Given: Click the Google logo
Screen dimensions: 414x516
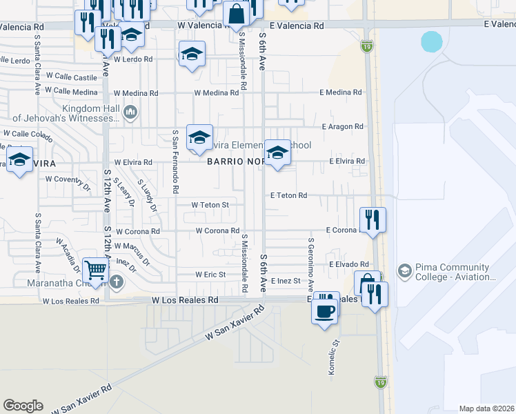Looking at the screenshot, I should (23, 406).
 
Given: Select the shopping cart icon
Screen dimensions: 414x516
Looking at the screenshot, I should (95, 270).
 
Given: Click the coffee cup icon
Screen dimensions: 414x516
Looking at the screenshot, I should (326, 310).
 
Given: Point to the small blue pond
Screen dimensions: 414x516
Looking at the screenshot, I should (431, 42).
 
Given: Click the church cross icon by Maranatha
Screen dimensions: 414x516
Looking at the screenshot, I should (116, 282).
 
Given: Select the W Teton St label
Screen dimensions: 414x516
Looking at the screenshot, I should (210, 204).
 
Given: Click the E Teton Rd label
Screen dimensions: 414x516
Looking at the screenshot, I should (288, 196).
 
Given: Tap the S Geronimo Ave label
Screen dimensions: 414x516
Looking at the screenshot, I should (311, 266).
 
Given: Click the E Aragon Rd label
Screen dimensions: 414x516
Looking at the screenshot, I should (342, 127).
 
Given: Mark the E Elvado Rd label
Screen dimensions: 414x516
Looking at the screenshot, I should (350, 264).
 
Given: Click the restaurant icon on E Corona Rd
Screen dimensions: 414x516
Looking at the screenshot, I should (373, 220).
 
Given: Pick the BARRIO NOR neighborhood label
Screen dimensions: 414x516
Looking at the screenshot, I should (235, 161).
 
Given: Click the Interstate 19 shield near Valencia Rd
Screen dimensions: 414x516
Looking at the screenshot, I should (366, 46).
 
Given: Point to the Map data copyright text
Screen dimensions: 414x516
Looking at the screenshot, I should (486, 408).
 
